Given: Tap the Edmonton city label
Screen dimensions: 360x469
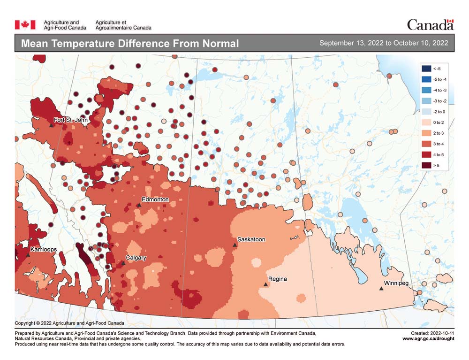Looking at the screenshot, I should [155, 199].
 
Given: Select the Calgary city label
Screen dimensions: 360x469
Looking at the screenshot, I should [136, 258].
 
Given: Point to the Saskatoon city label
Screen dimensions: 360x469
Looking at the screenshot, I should [251, 239].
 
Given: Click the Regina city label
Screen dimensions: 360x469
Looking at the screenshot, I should [278, 279].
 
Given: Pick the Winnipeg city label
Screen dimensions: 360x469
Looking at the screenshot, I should [396, 283].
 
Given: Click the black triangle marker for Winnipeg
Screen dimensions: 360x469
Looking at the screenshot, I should [381, 289].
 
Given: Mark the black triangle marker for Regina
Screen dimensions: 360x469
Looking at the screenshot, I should [266, 284].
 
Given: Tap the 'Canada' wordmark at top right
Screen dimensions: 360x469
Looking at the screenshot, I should [430, 24].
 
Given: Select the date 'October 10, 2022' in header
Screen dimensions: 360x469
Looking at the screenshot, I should [421, 43].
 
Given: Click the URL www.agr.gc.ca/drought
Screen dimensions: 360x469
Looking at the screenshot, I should [428, 338].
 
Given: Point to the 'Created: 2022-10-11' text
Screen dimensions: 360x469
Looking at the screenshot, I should [431, 333].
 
